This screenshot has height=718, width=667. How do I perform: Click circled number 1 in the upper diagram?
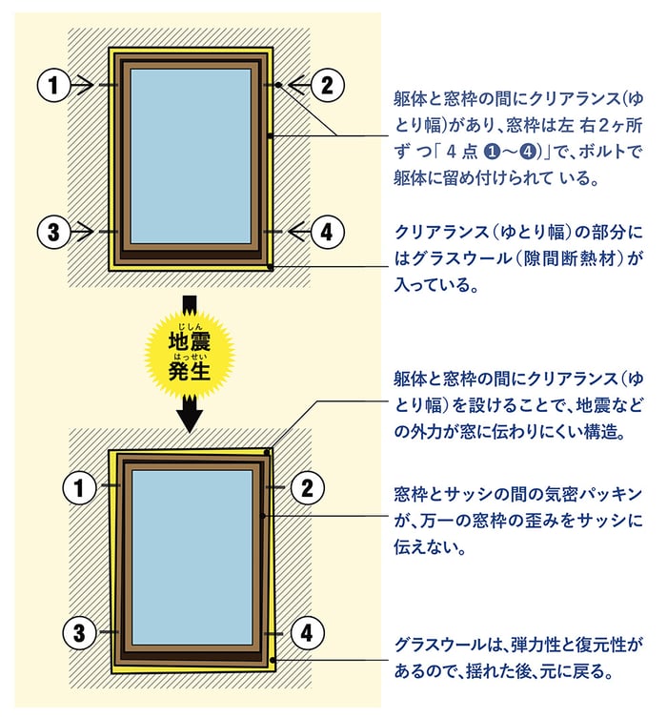click(x=53, y=85)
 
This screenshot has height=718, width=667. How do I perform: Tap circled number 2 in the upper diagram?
click(x=327, y=85)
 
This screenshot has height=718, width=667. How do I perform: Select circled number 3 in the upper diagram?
click(x=53, y=232)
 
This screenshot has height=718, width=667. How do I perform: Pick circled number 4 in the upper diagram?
click(x=327, y=232)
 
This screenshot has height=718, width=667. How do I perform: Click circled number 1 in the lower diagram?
click(x=79, y=487)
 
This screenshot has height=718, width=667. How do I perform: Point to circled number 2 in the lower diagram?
click(x=308, y=487)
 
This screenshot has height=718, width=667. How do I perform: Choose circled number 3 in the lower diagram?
click(x=79, y=633)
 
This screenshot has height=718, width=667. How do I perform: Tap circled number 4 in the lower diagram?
click(x=308, y=633)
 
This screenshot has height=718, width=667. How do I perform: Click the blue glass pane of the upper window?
click(x=191, y=156)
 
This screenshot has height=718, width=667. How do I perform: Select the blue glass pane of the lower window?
click(x=192, y=557)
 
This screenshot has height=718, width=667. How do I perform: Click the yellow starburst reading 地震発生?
click(x=190, y=353)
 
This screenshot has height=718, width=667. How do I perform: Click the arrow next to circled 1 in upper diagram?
click(x=83, y=85)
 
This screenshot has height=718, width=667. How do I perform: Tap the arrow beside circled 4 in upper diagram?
click(x=298, y=232)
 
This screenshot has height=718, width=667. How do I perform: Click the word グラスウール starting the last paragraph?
click(x=440, y=646)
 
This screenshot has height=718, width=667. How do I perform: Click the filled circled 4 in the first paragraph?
click(x=529, y=152)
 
